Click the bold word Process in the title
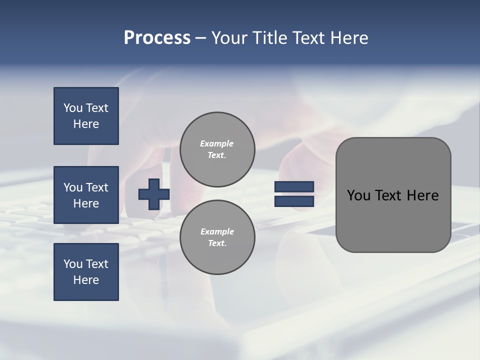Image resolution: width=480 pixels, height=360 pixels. click(157, 38)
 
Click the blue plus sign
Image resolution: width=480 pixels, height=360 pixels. click(153, 194)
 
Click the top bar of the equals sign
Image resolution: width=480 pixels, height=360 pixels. click(294, 187)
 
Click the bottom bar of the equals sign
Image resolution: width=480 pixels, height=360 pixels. click(294, 201)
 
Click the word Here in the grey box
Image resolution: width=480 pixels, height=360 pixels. click(422, 195)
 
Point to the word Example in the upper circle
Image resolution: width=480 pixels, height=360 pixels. click(217, 143)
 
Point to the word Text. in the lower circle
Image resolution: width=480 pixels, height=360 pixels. click(217, 243)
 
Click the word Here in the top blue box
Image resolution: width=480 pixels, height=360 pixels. click(86, 124)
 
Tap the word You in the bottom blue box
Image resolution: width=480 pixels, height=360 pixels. click(73, 264)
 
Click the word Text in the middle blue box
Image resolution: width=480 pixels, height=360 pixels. click(97, 187)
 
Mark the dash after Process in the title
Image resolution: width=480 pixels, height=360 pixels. click(200, 38)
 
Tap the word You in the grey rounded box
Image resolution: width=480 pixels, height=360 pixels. click(358, 195)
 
